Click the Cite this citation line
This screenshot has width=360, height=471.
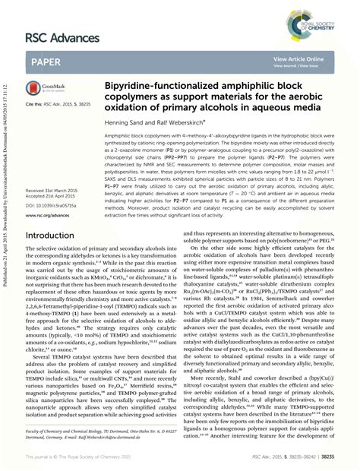click(x=62, y=103)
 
